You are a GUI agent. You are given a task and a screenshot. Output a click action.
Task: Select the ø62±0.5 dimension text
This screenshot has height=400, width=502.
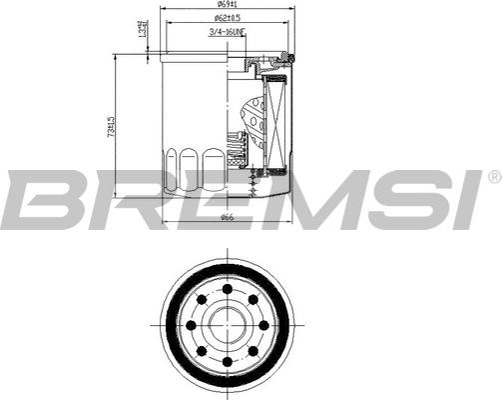(230, 20)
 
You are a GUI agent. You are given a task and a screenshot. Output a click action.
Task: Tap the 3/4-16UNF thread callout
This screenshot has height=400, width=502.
(229, 34)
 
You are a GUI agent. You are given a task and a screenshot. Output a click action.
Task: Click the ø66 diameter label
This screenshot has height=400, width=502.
(227, 219)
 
